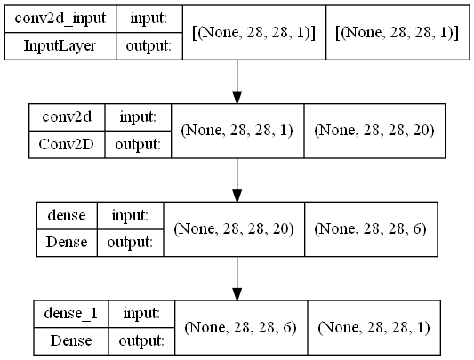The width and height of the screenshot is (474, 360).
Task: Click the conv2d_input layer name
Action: point(60,19)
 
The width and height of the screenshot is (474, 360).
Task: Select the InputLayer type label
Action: point(60,46)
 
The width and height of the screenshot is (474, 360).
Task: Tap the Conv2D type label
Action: point(66,145)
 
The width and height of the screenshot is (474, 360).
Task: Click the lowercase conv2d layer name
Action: point(67,117)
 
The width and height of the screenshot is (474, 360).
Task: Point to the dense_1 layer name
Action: point(71,314)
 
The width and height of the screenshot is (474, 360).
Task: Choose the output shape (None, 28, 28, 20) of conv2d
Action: point(374,131)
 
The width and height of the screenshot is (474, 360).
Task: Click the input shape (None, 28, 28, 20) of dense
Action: point(234,228)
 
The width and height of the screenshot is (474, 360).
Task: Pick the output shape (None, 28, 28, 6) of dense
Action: point(370,228)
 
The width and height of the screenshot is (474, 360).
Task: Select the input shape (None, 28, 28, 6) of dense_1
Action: point(240,327)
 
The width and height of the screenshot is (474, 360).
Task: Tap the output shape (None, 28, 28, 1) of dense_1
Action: point(374,327)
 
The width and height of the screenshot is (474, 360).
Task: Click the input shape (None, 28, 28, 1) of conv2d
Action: point(237,131)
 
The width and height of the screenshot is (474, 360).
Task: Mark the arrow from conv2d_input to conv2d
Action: point(237,82)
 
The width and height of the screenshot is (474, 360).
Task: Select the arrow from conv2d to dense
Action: point(237,180)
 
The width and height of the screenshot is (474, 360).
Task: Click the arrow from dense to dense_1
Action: point(237,278)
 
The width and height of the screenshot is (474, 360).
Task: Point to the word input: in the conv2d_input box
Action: point(149,20)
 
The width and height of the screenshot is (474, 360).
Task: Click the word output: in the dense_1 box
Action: point(141,341)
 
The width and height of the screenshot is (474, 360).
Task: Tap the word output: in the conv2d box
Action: point(138,145)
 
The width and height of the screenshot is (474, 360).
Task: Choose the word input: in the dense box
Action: point(130,216)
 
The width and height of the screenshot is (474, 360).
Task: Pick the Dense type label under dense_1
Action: point(71,341)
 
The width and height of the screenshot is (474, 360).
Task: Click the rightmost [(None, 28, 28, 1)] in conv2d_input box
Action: point(398,32)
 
